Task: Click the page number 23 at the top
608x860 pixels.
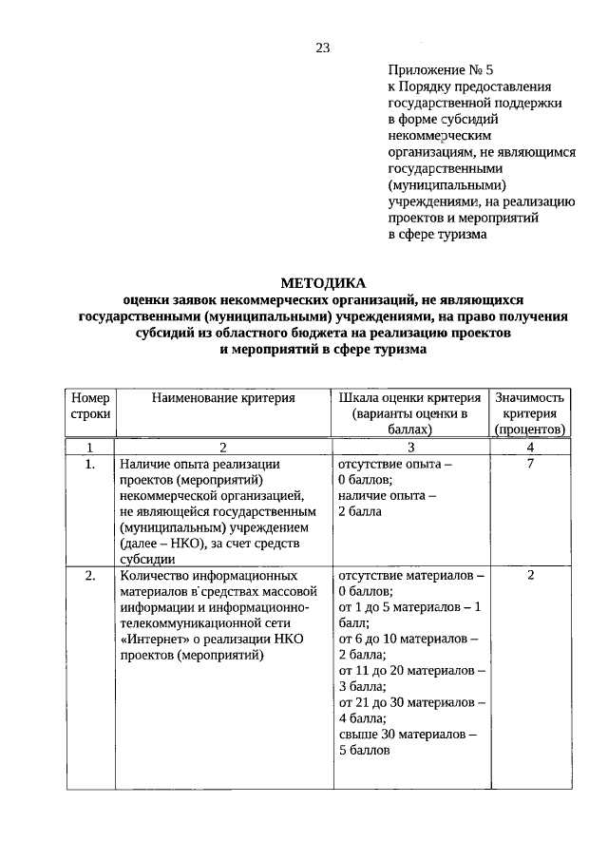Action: pyautogui.click(x=322, y=48)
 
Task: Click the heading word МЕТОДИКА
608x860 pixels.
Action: pyautogui.click(x=322, y=282)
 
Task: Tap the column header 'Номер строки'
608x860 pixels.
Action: pyautogui.click(x=90, y=406)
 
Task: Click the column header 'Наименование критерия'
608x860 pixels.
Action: pyautogui.click(x=223, y=398)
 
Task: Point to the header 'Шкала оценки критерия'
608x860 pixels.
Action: pyautogui.click(x=409, y=398)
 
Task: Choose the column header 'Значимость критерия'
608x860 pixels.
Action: pyautogui.click(x=530, y=406)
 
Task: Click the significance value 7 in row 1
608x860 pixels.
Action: pyautogui.click(x=530, y=464)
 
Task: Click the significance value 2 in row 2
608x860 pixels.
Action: pyautogui.click(x=530, y=576)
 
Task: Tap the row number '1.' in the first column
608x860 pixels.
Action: pyautogui.click(x=90, y=464)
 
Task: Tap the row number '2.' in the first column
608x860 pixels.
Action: pyautogui.click(x=90, y=576)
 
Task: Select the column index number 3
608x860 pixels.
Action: pyautogui.click(x=409, y=447)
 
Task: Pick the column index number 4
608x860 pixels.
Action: pyautogui.click(x=530, y=447)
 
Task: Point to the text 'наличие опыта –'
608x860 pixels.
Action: pyautogui.click(x=387, y=495)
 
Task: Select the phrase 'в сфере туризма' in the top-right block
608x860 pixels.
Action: pyautogui.click(x=437, y=233)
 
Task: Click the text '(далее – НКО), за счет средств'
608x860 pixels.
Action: pyautogui.click(x=210, y=543)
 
